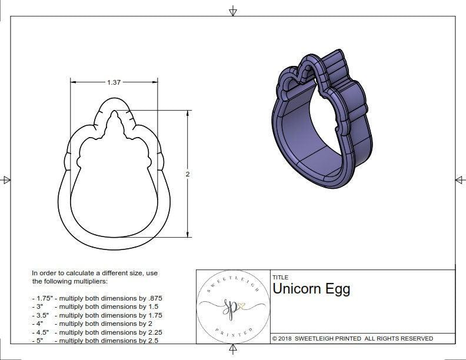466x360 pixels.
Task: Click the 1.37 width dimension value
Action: [x=114, y=82]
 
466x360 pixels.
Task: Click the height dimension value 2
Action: [x=188, y=174]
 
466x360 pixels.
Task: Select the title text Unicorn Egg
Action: [x=311, y=289]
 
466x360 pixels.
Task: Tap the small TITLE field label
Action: [x=280, y=278]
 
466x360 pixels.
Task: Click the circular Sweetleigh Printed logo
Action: [x=232, y=307]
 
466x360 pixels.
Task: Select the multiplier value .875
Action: [x=152, y=298]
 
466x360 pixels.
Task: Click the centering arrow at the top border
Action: [x=233, y=11]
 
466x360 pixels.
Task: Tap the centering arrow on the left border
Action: [x=6, y=180]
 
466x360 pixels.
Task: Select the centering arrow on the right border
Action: [x=460, y=180]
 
